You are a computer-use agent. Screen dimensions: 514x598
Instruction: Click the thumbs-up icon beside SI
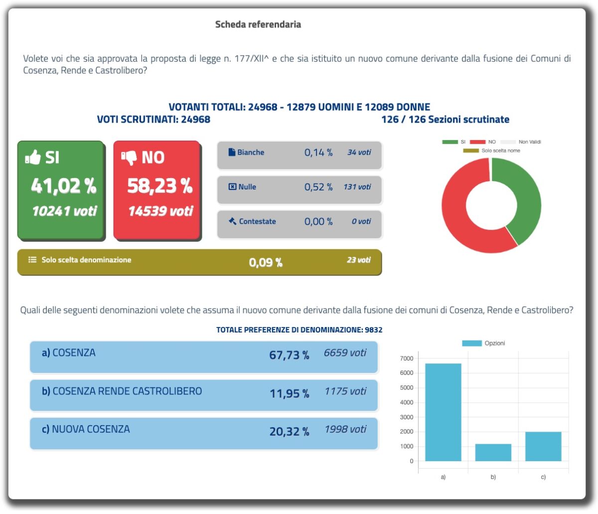click(33, 158)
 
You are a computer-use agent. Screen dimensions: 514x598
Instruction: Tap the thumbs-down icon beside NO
click(129, 158)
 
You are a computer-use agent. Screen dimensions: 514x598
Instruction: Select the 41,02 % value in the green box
click(63, 186)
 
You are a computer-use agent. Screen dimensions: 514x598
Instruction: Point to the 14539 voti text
click(160, 211)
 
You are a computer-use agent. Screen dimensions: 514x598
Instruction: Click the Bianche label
click(250, 153)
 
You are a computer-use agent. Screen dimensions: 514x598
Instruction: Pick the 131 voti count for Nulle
click(357, 187)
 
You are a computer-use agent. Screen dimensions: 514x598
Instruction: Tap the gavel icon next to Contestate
click(232, 221)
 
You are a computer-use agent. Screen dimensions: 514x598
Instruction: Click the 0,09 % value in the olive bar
click(266, 262)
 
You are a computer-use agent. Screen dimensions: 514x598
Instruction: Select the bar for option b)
click(493, 452)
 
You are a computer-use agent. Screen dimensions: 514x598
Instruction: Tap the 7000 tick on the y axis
click(407, 358)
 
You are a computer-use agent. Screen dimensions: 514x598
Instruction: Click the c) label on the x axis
click(543, 477)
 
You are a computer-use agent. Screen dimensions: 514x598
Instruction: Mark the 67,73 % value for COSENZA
click(289, 355)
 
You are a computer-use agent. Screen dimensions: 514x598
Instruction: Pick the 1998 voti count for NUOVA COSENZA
click(345, 429)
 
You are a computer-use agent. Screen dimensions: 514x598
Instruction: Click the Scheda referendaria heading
click(258, 24)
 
